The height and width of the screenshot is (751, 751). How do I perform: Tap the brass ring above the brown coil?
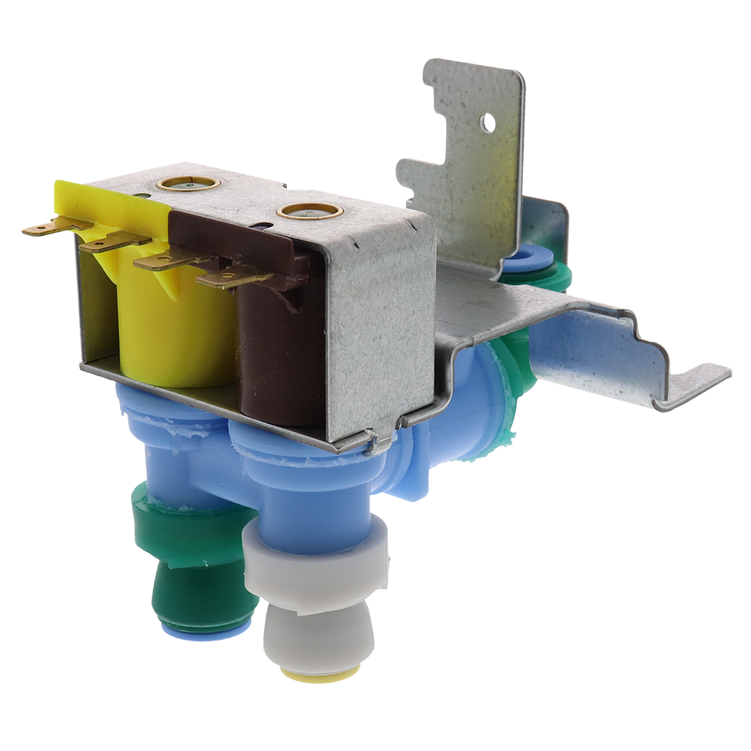pyautogui.click(x=309, y=211)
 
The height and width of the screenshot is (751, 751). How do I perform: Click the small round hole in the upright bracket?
pyautogui.click(x=487, y=122)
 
